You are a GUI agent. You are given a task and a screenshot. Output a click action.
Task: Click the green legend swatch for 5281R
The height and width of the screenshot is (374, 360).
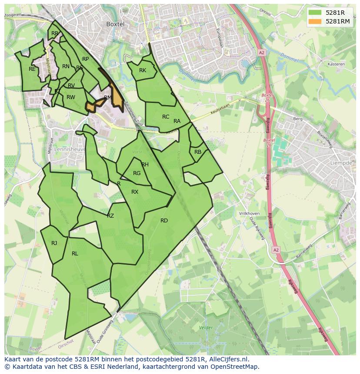tap(315, 13)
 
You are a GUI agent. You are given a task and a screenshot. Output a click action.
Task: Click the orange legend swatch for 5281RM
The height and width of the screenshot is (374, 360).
tap(315, 21)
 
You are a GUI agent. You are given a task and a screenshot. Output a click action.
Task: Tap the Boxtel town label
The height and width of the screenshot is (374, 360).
tap(115, 24)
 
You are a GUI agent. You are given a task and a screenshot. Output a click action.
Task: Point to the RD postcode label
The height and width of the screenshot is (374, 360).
tap(164, 221)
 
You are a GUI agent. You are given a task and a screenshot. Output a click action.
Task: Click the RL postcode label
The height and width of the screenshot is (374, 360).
tap(75, 254)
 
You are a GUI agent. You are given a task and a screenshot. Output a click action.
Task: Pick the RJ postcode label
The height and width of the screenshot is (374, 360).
tap(54, 243)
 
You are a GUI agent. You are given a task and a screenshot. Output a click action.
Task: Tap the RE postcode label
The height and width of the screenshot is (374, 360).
tap(32, 69)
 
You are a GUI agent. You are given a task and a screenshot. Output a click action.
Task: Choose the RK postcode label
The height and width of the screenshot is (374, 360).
tap(143, 70)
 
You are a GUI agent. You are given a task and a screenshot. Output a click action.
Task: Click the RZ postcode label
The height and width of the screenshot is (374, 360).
tap(110, 216)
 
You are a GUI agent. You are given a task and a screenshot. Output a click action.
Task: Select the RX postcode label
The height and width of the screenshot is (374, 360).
tap(135, 192)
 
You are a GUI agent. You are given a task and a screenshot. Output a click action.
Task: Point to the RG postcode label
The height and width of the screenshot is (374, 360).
tap(137, 173)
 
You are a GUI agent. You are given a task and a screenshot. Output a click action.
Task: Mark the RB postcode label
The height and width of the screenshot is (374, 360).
tap(198, 152)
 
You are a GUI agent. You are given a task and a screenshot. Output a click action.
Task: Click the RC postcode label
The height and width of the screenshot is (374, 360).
tap(166, 117)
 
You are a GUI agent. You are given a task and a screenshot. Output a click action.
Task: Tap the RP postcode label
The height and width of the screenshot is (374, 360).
tap(85, 59)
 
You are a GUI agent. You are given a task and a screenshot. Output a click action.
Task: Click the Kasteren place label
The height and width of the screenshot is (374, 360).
tap(336, 64)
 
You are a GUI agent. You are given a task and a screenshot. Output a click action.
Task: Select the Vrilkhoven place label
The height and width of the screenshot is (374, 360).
tap(249, 214)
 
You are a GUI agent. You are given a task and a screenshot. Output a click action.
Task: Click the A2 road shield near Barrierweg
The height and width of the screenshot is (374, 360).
tap(276, 250)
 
